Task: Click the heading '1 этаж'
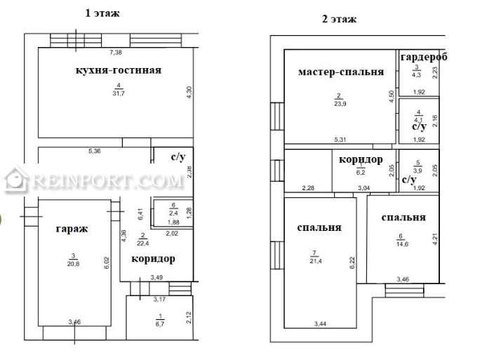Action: click(102, 13)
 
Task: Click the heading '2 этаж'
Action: click(339, 19)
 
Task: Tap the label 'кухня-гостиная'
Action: click(118, 70)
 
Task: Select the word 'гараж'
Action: click(72, 229)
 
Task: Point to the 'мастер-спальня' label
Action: click(341, 72)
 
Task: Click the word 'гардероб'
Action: click(424, 57)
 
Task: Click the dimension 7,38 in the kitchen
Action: click(116, 53)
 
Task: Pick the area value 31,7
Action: click(119, 93)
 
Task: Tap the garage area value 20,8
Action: click(73, 264)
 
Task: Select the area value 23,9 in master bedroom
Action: click(340, 104)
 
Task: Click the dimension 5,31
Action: click(340, 140)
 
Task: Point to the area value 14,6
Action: click(402, 244)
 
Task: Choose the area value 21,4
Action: click(316, 261)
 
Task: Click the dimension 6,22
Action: click(352, 263)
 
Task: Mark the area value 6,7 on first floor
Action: click(160, 324)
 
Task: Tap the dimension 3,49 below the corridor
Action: click(156, 278)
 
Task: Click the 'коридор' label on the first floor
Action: click(154, 258)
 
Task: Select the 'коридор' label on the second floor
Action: click(361, 159)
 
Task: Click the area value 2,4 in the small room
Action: click(173, 213)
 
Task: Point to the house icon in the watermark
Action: click(15, 180)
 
